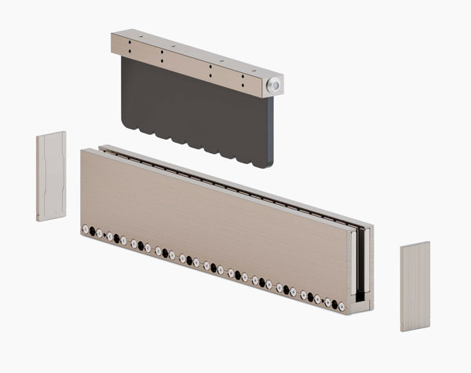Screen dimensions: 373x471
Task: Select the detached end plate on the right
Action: tap(414, 287)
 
